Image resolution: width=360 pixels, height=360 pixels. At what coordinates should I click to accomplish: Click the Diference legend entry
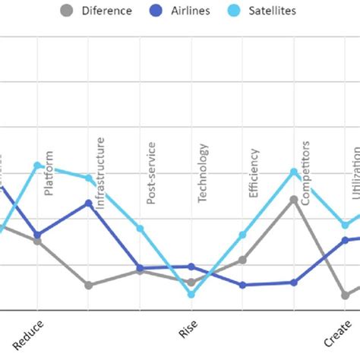coord(96,11)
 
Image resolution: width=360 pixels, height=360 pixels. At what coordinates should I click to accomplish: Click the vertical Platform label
coord(49,173)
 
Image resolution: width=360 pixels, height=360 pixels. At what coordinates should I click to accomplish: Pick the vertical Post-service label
coord(150,172)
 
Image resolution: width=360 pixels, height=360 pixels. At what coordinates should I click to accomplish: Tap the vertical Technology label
coord(202,172)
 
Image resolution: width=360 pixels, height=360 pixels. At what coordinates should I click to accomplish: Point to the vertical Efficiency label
coord(254,174)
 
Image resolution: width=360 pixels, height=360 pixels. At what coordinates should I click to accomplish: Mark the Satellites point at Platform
coord(37,165)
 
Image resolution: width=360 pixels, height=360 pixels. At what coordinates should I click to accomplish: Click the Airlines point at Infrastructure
coord(89,204)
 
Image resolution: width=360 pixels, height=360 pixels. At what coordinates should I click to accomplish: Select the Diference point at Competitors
coord(294,200)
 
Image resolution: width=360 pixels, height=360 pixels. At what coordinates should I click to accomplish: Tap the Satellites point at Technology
coord(191,294)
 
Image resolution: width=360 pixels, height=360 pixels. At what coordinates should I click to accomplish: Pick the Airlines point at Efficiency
coord(242,285)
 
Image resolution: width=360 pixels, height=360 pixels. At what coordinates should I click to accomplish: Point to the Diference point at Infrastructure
coord(89,285)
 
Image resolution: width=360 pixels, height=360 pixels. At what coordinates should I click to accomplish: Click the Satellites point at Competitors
coord(294,172)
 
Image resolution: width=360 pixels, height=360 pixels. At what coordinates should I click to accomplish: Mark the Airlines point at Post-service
coord(140,267)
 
